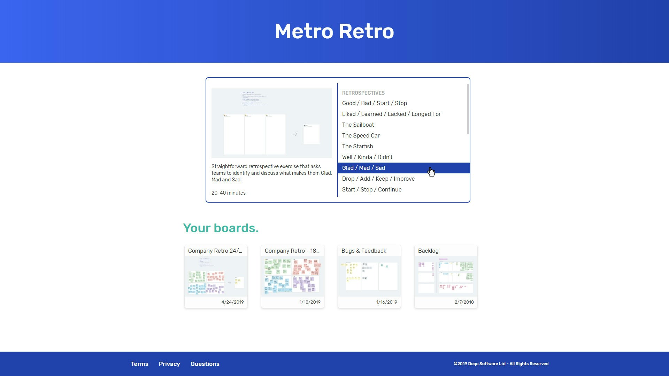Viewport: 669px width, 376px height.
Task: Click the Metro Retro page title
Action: (x=334, y=31)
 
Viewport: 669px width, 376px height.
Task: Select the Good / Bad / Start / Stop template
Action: (x=374, y=103)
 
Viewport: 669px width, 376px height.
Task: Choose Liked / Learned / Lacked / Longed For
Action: (x=391, y=114)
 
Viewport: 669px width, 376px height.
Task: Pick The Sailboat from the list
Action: (x=358, y=125)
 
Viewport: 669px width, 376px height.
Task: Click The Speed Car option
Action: (x=361, y=135)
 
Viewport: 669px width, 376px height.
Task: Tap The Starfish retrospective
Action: (x=357, y=146)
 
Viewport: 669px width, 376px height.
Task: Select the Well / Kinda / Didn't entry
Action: (x=367, y=157)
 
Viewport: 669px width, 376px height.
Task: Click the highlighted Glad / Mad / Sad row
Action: (x=363, y=168)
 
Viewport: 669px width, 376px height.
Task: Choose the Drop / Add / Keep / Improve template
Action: (x=378, y=179)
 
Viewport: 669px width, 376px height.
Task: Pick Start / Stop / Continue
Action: (x=371, y=189)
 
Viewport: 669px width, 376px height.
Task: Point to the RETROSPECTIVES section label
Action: (x=363, y=93)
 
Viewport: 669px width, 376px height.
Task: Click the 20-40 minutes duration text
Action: (x=228, y=193)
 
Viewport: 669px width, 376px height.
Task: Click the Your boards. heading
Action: (x=221, y=228)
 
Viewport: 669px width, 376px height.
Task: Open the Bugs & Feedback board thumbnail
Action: (x=369, y=276)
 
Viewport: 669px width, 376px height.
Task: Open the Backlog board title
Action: (x=428, y=251)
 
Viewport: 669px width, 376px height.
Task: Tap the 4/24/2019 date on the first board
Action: (x=232, y=302)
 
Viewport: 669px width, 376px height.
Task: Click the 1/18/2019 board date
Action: (x=309, y=302)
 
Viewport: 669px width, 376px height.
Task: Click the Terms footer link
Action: (x=139, y=364)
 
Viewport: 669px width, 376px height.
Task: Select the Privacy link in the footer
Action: (x=169, y=364)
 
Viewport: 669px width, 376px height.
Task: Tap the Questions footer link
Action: (x=205, y=364)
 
